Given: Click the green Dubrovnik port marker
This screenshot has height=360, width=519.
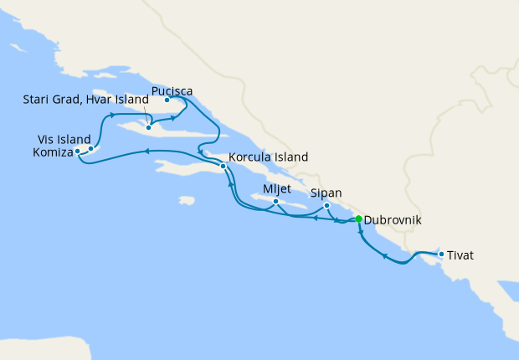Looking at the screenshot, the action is coord(359,219).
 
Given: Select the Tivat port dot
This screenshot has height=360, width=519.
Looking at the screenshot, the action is coord(441,253).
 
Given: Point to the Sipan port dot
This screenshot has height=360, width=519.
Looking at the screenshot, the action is coord(326,206).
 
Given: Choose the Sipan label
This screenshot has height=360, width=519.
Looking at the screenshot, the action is coord(326,193).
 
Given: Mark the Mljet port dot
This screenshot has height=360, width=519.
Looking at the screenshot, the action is coord(276,201).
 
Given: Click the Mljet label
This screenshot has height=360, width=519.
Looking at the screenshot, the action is coord(277,188).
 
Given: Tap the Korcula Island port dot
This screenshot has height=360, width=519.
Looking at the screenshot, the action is coord(224,167).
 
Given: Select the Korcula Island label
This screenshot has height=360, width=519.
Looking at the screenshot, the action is coord(268,157).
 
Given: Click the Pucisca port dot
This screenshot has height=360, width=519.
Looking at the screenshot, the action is coord(167,100).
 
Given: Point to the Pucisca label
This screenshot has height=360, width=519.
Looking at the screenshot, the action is coord(173,89).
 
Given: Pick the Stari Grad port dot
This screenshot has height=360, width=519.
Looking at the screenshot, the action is coord(148,128).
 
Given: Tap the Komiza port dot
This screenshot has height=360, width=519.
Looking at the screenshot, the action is coord(78,152).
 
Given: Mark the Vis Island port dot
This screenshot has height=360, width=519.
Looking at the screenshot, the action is coord(91,148).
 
